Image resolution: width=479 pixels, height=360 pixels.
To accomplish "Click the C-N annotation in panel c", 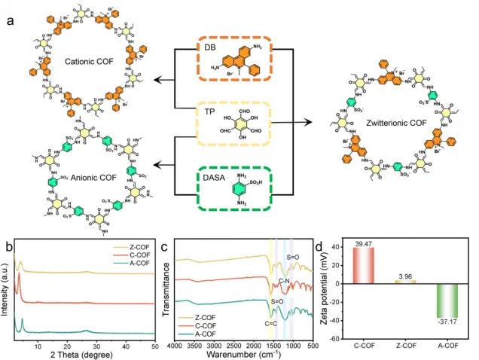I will point(285,279).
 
